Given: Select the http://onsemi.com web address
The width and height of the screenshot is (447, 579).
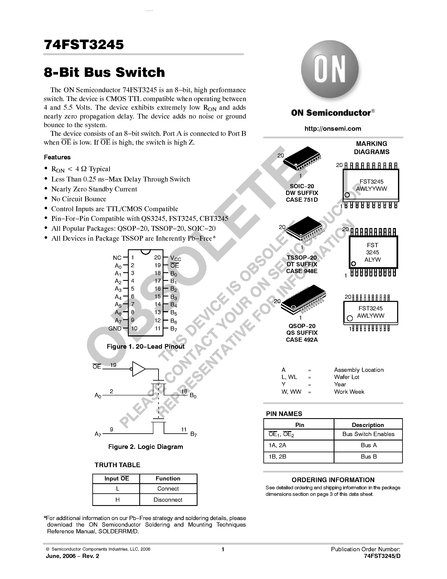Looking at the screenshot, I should click(x=333, y=129).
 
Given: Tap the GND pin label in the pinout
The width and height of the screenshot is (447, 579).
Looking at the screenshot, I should click(x=115, y=328).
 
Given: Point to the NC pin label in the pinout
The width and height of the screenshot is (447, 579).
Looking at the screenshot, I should click(x=117, y=258).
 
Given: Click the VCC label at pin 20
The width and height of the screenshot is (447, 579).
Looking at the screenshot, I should click(x=175, y=258).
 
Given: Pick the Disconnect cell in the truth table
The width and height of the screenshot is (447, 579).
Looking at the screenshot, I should click(x=168, y=500).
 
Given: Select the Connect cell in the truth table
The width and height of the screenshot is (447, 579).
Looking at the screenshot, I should click(x=168, y=489).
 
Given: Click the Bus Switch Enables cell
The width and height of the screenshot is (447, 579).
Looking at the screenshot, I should click(x=368, y=434).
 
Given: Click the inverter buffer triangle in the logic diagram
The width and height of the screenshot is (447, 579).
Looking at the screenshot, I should click(x=138, y=369).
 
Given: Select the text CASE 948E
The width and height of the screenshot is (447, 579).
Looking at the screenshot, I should click(x=302, y=271).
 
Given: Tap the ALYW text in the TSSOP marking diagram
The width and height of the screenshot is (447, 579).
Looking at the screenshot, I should click(x=372, y=260).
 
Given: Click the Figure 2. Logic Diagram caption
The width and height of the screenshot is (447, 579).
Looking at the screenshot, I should click(x=145, y=447).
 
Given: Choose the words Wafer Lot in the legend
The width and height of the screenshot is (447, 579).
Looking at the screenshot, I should click(x=346, y=377).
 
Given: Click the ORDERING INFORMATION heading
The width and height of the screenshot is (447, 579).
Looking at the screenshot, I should click(x=333, y=480).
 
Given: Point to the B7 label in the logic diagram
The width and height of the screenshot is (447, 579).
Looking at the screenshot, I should click(x=194, y=434).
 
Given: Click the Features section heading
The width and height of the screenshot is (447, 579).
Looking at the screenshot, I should click(x=57, y=157).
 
